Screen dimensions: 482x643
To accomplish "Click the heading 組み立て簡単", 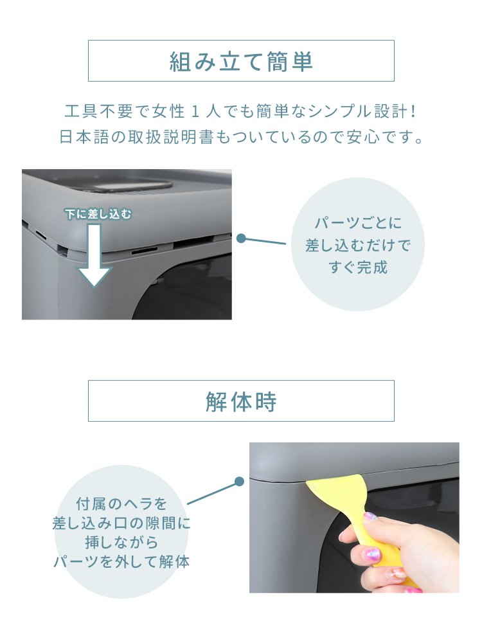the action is (x=241, y=62).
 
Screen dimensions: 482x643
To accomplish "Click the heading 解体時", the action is (x=241, y=401).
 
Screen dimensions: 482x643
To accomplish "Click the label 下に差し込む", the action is (x=98, y=214).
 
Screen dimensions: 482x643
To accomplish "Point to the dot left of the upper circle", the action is (x=242, y=239).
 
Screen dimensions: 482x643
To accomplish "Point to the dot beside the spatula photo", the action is (x=239, y=482).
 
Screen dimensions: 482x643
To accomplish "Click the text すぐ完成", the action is (x=358, y=267).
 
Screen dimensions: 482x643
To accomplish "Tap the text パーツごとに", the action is (x=358, y=223).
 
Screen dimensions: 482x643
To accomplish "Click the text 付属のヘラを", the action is (x=121, y=504).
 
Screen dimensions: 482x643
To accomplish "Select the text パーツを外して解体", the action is (x=121, y=561).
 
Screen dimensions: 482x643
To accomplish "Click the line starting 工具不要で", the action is (x=241, y=111).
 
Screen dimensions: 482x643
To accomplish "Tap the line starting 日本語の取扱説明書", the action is (x=241, y=137).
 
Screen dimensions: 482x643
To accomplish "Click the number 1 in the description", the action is (x=195, y=111).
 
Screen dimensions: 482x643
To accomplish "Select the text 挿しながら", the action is (x=121, y=543).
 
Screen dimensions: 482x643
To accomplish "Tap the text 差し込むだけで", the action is (x=358, y=245).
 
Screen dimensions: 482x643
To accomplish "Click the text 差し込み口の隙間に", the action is (x=121, y=523).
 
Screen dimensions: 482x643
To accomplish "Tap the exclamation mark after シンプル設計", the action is (x=413, y=111).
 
